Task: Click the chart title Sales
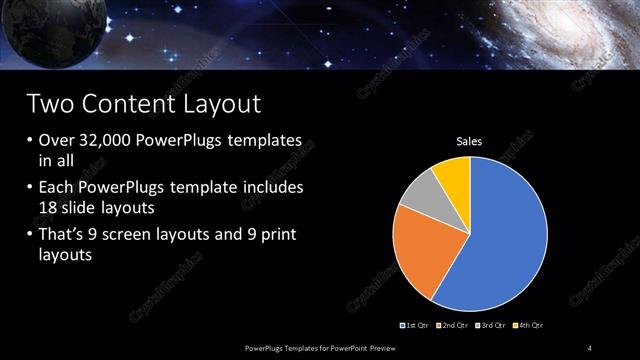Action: [x=469, y=141]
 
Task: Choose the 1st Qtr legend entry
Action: [x=416, y=326]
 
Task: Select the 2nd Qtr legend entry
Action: [x=453, y=326]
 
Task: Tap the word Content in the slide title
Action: [x=132, y=104]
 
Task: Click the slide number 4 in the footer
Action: [x=590, y=347]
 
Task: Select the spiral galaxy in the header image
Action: [x=590, y=30]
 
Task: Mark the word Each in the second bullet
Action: [x=57, y=188]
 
